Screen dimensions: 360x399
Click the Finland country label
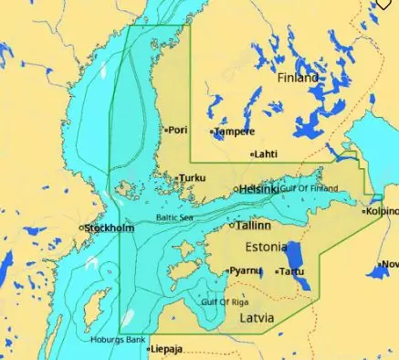tap(298, 78)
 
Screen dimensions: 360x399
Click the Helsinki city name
tap(259, 188)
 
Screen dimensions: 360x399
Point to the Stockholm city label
tap(110, 228)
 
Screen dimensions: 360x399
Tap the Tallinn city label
tap(254, 225)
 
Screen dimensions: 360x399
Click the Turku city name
tap(193, 178)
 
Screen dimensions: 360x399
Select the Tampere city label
tap(235, 132)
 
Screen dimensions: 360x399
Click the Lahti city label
tap(267, 154)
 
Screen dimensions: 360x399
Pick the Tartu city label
tap(292, 271)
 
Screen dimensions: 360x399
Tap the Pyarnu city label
tap(245, 270)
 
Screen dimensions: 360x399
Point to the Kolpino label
tap(383, 210)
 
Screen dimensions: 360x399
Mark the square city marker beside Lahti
tap(253, 154)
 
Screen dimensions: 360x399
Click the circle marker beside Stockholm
tap(82, 228)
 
